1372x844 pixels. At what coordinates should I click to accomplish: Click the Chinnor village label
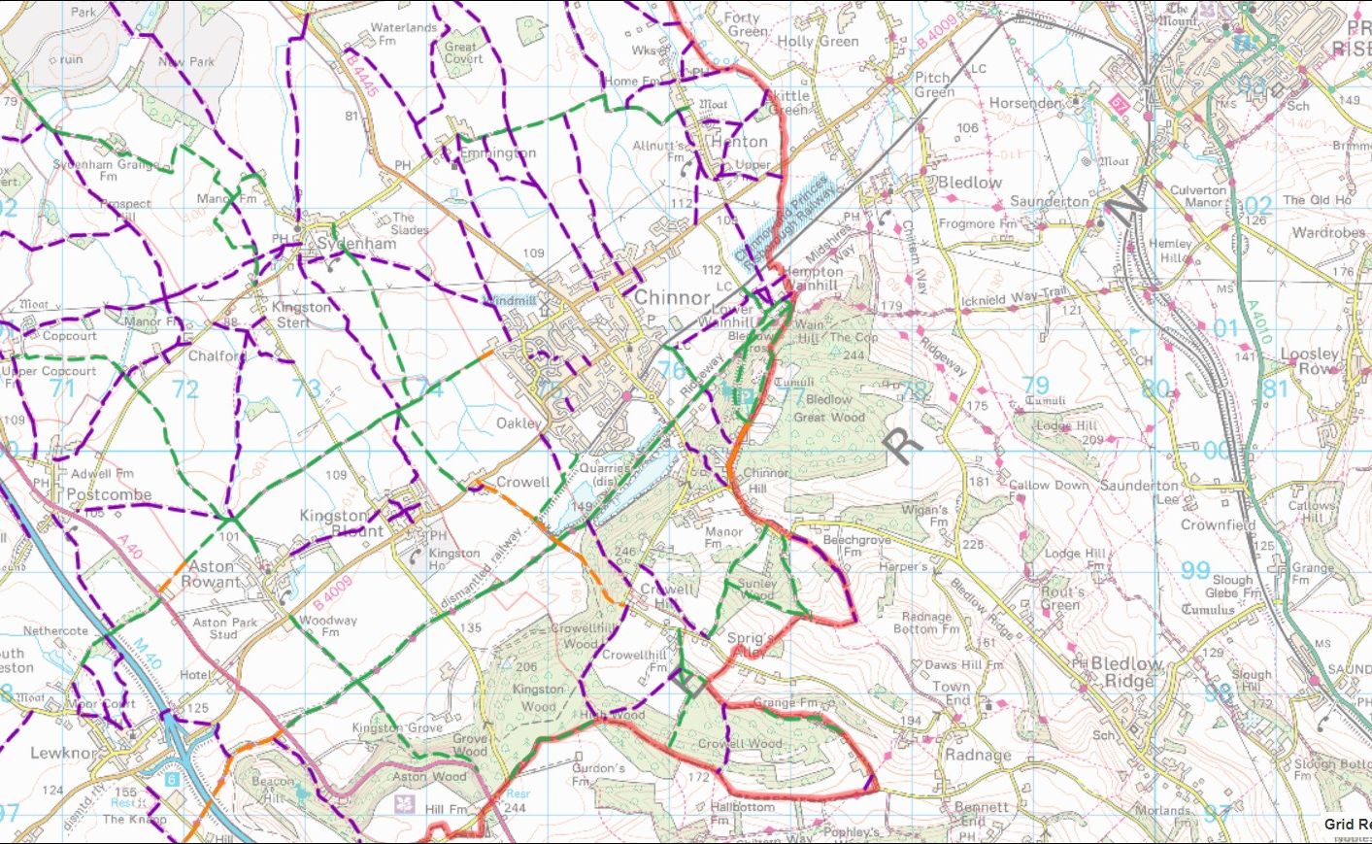[672, 298]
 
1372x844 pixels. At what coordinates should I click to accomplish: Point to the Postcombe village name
[110, 494]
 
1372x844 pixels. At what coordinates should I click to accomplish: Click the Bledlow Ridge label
[1127, 672]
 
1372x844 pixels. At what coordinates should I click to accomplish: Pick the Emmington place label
[497, 153]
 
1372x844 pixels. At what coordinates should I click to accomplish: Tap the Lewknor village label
[64, 753]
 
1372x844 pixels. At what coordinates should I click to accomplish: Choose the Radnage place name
[978, 755]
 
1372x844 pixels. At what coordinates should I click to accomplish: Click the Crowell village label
[522, 482]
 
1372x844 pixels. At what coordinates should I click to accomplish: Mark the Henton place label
[740, 142]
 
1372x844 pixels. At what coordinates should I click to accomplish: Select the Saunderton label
[1050, 201]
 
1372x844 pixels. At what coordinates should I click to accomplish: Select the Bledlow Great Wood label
[829, 408]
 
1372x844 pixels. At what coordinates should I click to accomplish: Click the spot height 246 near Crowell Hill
[625, 552]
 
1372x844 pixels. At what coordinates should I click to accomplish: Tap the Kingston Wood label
[538, 697]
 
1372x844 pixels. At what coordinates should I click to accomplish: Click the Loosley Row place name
[1310, 361]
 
